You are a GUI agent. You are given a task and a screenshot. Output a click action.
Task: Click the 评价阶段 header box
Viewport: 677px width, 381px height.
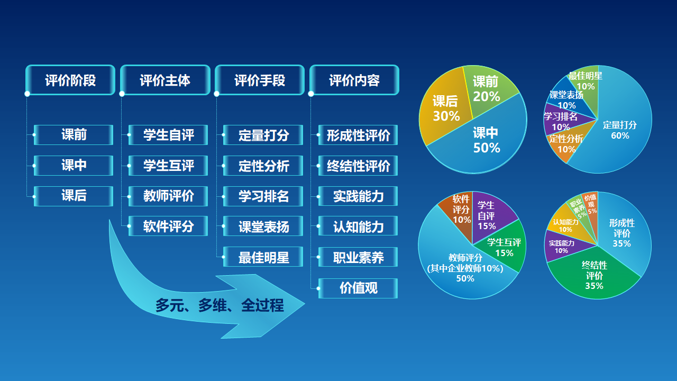click(70, 80)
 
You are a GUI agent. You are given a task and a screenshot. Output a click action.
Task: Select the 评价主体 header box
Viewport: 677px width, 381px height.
click(165, 80)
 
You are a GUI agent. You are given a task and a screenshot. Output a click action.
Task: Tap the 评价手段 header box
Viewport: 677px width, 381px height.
click(260, 80)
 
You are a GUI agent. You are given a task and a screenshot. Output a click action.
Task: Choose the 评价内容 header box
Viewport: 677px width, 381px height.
click(354, 80)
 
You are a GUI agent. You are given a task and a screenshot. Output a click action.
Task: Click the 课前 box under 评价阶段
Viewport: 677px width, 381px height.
click(74, 135)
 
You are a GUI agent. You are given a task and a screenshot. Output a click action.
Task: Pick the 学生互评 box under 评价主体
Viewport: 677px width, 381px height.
click(168, 166)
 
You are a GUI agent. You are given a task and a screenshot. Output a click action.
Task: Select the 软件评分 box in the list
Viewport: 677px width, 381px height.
click(168, 226)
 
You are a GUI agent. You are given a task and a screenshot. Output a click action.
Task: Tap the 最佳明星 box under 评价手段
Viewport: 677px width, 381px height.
click(263, 257)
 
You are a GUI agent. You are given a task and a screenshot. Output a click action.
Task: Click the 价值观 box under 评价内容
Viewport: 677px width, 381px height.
click(358, 288)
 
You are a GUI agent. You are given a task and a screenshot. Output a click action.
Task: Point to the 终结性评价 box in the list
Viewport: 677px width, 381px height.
click(358, 166)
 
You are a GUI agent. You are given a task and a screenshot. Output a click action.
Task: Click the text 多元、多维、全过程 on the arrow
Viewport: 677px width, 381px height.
click(219, 305)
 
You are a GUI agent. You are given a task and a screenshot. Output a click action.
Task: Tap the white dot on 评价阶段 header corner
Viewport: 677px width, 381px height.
click(27, 94)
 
